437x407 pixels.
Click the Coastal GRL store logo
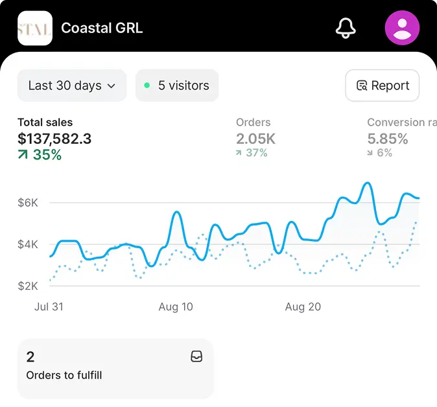click(35, 28)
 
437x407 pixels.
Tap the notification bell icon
click(346, 28)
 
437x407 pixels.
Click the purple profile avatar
click(402, 28)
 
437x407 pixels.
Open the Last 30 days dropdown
click(72, 86)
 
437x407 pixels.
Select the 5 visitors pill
click(177, 86)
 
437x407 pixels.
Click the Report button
click(383, 86)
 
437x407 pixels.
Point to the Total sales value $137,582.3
click(54, 138)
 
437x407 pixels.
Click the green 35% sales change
click(40, 155)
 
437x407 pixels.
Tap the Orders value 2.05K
click(255, 138)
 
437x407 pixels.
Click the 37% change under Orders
click(252, 153)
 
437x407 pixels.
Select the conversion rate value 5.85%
click(388, 138)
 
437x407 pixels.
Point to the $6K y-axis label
click(28, 203)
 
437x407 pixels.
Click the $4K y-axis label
click(28, 244)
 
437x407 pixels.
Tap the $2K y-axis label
click(28, 286)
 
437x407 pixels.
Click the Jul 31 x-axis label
click(49, 307)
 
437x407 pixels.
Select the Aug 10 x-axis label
click(176, 307)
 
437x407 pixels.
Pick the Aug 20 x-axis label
click(303, 307)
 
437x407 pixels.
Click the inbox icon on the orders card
click(196, 356)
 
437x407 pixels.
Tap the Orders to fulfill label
click(64, 375)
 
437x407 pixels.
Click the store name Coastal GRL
click(102, 28)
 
